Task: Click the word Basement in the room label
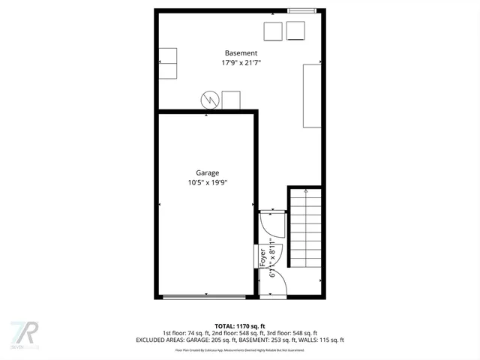click(x=241, y=53)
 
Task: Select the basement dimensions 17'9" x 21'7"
click(x=241, y=63)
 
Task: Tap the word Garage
click(x=208, y=172)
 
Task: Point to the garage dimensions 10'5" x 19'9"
click(x=208, y=182)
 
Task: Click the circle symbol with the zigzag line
click(x=210, y=100)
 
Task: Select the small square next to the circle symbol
click(x=231, y=100)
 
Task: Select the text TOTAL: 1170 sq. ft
click(x=240, y=325)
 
